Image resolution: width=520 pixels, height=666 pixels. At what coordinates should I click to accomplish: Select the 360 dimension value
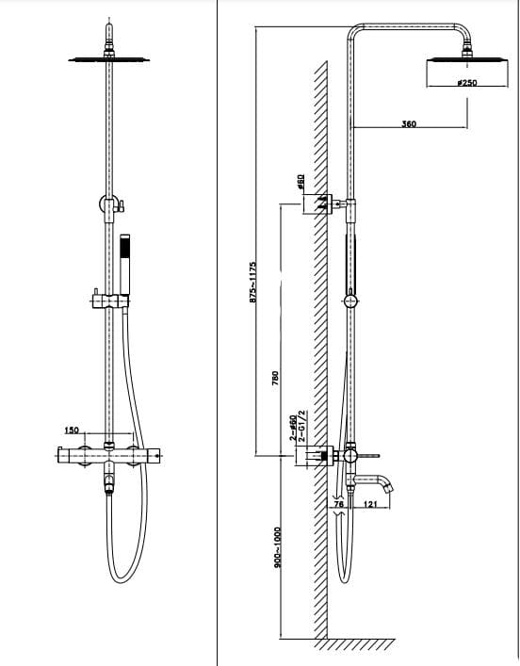point(409,123)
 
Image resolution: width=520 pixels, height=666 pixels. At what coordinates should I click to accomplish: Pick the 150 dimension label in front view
point(72,430)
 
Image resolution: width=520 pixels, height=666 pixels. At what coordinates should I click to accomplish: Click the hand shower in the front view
point(124,265)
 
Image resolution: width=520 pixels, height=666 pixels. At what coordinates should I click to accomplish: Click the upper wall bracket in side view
point(322,203)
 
